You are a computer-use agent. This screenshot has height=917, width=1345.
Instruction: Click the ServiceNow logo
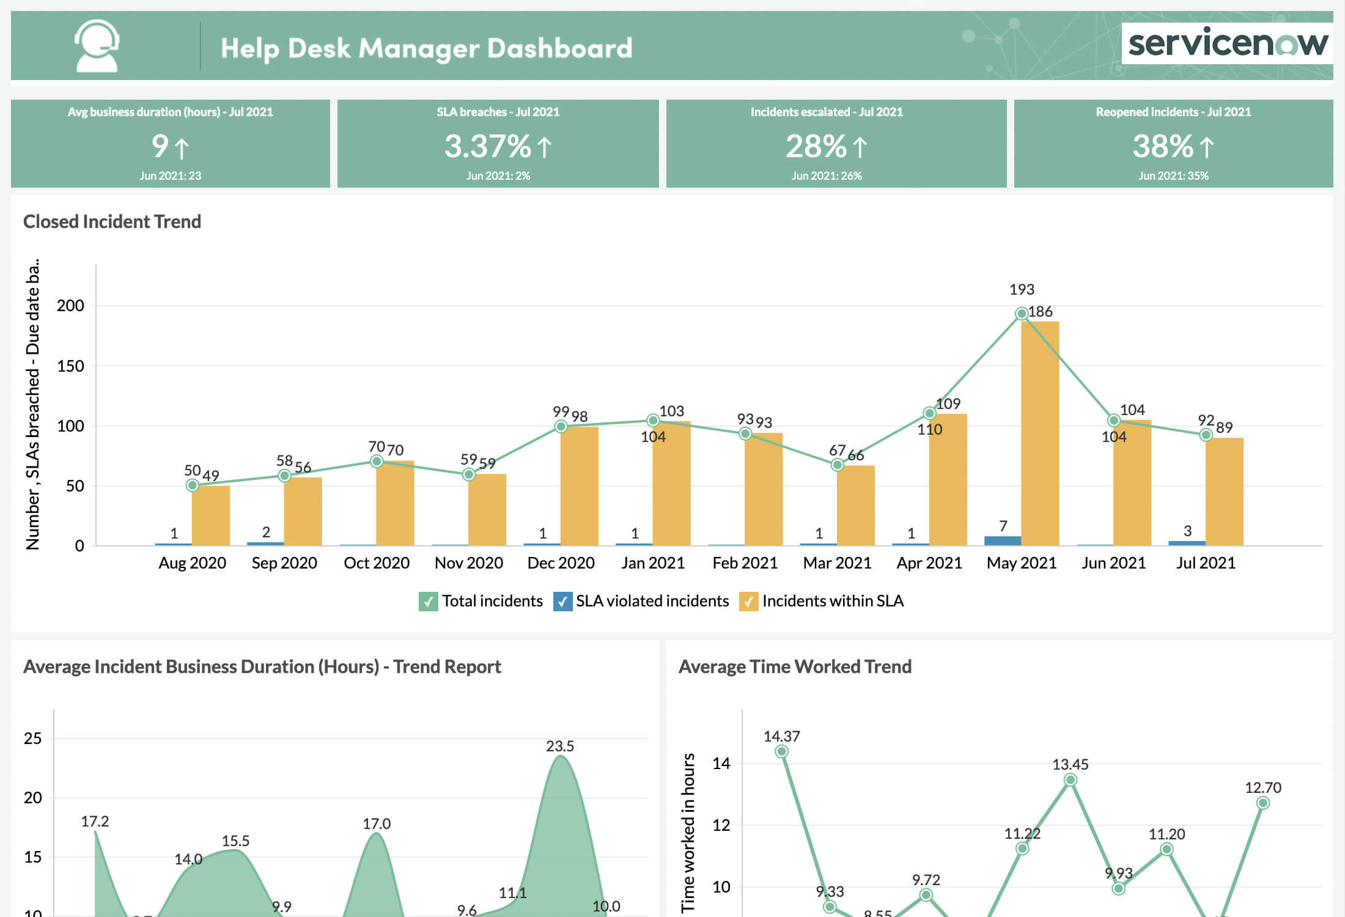click(1227, 43)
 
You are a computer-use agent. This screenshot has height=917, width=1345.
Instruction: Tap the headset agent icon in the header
click(97, 46)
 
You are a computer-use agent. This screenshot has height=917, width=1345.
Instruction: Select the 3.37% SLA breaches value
click(487, 146)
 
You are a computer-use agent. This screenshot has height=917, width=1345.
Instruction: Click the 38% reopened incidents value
click(1163, 146)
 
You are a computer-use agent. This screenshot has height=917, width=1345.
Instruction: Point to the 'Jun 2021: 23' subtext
click(170, 176)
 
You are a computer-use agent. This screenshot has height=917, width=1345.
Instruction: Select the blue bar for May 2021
click(1003, 540)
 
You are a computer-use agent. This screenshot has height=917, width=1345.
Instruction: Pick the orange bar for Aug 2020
click(211, 515)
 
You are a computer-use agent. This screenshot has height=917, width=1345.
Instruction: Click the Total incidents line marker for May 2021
click(1021, 314)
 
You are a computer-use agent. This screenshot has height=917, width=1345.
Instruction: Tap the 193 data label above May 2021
click(1022, 289)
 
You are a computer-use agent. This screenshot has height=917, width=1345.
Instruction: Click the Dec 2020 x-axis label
click(561, 563)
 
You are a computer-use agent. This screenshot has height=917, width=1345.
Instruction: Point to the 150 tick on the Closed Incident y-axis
click(70, 366)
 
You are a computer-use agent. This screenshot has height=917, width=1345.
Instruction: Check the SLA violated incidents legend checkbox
click(562, 602)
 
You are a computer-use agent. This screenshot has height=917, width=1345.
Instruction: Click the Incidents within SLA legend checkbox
click(748, 602)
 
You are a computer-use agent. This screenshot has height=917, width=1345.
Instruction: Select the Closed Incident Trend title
click(112, 221)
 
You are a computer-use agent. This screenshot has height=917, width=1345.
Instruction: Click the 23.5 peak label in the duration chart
click(560, 746)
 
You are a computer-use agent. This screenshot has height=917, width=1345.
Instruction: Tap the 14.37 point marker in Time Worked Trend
click(781, 751)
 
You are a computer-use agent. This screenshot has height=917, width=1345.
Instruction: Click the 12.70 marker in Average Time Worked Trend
click(1263, 803)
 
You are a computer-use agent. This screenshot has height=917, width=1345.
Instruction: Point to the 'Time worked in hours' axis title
click(689, 831)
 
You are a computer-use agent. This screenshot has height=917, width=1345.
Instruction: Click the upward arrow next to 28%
click(860, 147)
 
